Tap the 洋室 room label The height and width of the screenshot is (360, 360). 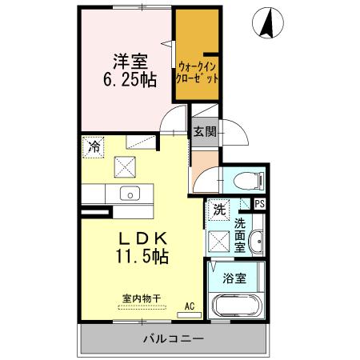click(x=127, y=59)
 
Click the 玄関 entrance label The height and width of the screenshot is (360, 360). click(x=203, y=132)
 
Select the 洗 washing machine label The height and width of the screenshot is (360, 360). click(x=218, y=210)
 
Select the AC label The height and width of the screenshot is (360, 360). click(x=190, y=306)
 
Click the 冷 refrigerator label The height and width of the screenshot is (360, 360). click(x=94, y=147)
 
